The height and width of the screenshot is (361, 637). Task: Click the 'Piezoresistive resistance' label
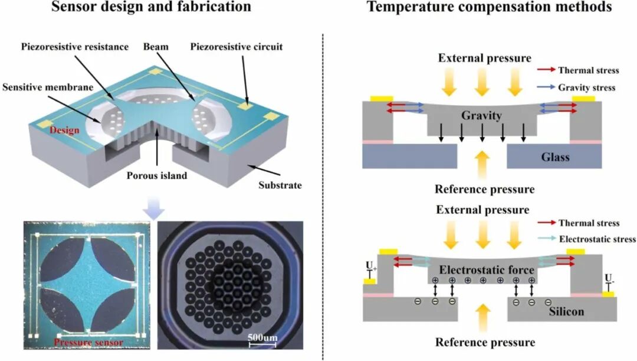[x=75, y=47]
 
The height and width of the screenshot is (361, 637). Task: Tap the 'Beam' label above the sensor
[x=156, y=47]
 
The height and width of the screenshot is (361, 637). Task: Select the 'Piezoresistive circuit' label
[x=237, y=47]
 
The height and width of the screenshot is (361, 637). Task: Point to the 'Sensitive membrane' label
[x=48, y=87]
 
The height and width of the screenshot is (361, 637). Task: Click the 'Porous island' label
[x=157, y=175]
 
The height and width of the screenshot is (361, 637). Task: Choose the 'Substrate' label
[x=280, y=185]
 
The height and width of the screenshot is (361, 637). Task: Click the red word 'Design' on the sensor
[x=64, y=130]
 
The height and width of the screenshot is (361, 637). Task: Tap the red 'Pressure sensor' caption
[x=88, y=342]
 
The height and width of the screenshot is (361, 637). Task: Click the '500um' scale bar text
[x=262, y=337]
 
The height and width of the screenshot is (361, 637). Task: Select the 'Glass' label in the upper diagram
[x=555, y=157]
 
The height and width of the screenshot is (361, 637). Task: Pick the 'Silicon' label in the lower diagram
[x=566, y=312]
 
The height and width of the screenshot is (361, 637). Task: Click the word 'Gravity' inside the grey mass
[x=481, y=116]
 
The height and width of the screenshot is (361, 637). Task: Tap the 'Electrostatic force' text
[x=487, y=270]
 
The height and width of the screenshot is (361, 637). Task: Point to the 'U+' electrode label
[x=372, y=266]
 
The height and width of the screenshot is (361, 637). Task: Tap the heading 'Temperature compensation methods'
[x=489, y=7]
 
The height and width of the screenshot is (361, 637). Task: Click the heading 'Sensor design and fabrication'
[x=151, y=7]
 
